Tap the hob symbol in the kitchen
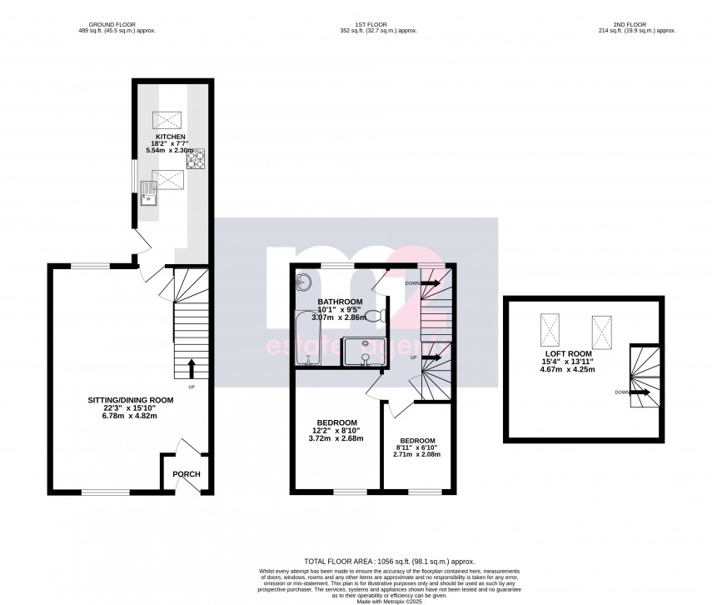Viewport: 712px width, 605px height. pos(196,158)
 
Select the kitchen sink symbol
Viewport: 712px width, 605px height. pos(149,194)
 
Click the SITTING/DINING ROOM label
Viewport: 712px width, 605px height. pos(131,400)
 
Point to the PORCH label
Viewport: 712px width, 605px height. pos(187,474)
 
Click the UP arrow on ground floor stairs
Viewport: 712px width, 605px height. pos(192,367)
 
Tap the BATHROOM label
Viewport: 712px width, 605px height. pos(340,301)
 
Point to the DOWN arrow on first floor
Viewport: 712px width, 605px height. pos(431,282)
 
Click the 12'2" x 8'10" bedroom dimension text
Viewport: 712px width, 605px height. pos(336,431)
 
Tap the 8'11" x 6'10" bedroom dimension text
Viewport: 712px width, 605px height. pos(417,448)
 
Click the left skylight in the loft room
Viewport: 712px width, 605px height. pos(549,331)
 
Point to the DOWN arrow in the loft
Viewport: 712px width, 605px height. pos(639,391)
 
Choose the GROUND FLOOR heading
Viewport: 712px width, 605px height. pos(117,25)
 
